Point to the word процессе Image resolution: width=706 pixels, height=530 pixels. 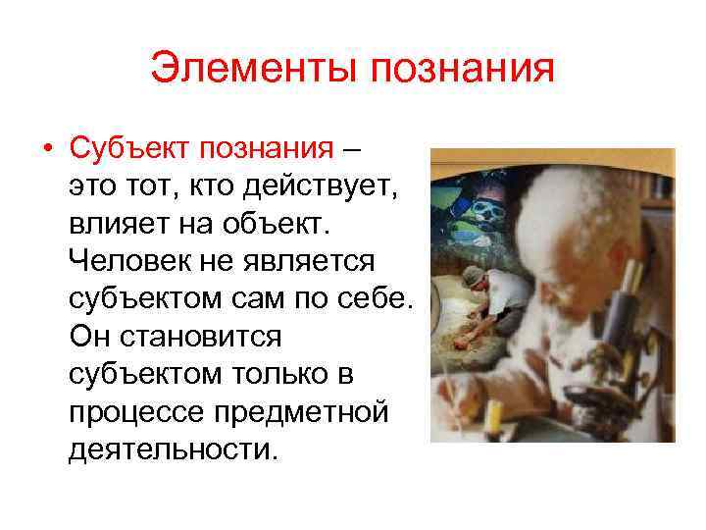click(x=137, y=412)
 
